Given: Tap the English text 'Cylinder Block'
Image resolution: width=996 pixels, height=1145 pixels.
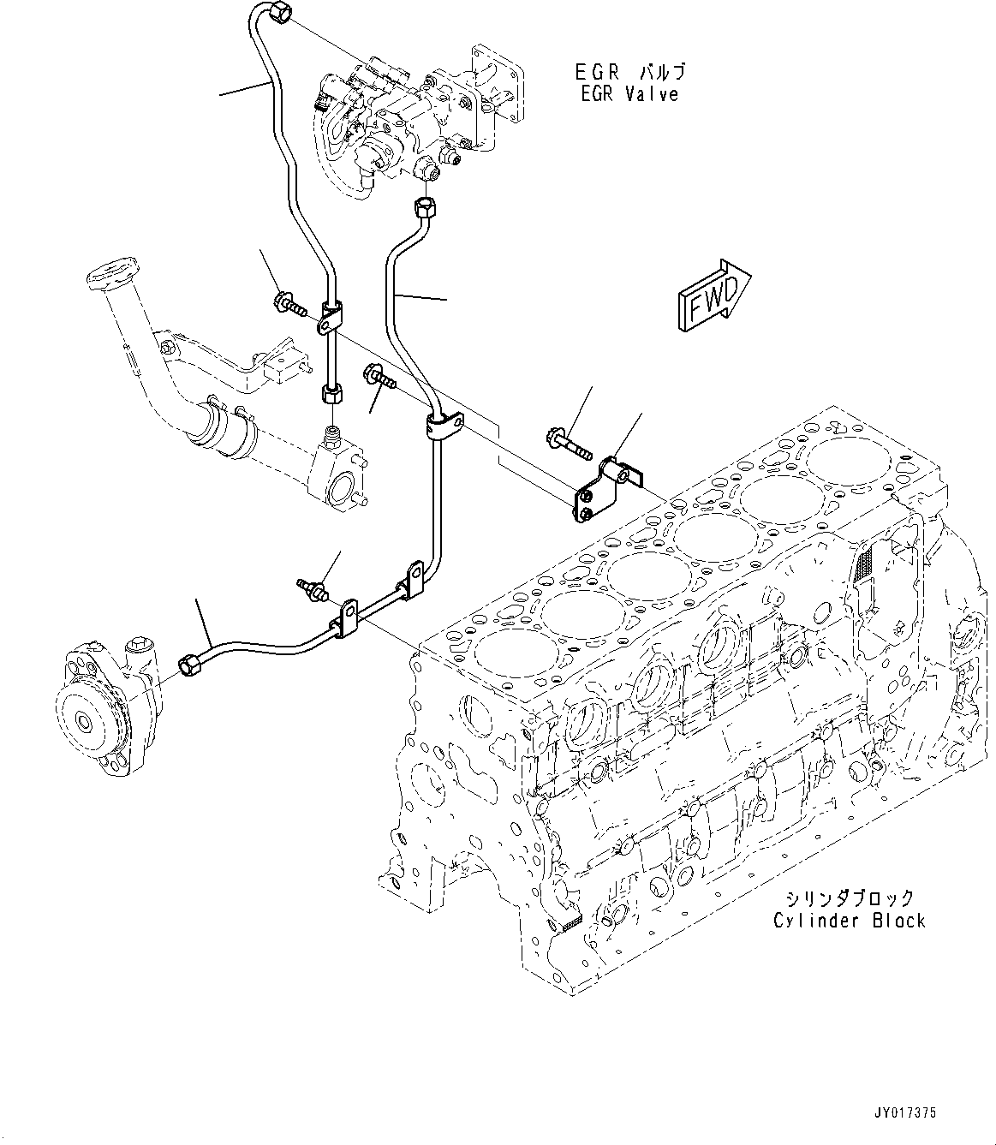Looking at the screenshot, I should click(849, 921).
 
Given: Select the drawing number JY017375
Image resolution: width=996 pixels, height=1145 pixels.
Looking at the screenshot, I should click(905, 1113).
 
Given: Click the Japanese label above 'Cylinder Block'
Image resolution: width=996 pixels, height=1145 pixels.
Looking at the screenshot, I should click(849, 898).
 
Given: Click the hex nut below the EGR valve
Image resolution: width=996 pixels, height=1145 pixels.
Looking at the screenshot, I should click(425, 206).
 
